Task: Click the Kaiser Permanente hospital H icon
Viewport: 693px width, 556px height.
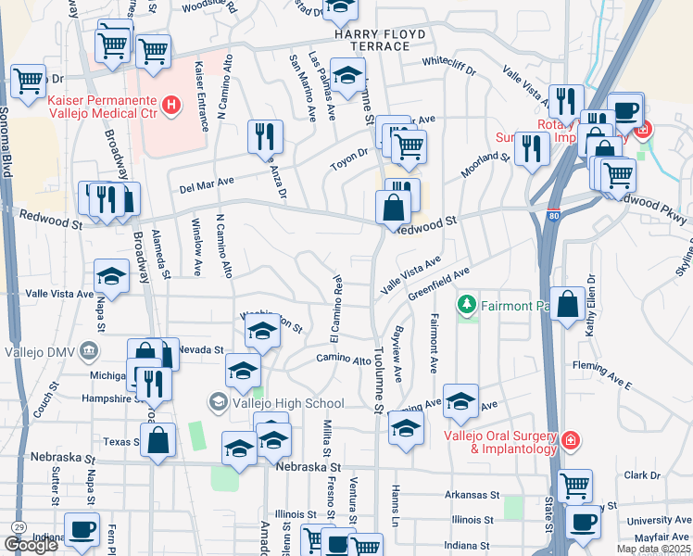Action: pyautogui.click(x=170, y=107)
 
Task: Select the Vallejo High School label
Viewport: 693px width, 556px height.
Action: pyautogui.click(x=288, y=403)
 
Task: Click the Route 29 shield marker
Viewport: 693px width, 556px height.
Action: pyautogui.click(x=18, y=527)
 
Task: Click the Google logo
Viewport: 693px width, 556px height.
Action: pyautogui.click(x=31, y=545)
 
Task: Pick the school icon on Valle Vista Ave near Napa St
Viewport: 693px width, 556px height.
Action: pyautogui.click(x=111, y=275)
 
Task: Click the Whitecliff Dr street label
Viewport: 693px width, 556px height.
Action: pyautogui.click(x=448, y=69)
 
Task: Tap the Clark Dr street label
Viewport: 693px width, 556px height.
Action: pyautogui.click(x=641, y=475)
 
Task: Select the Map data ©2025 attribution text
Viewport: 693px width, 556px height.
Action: pyautogui.click(x=652, y=549)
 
